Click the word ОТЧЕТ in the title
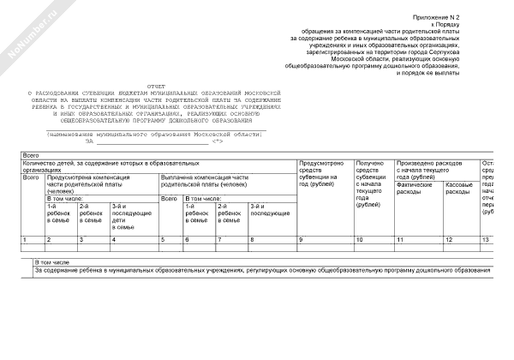tap(153, 87)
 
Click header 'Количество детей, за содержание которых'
tap(99, 165)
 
